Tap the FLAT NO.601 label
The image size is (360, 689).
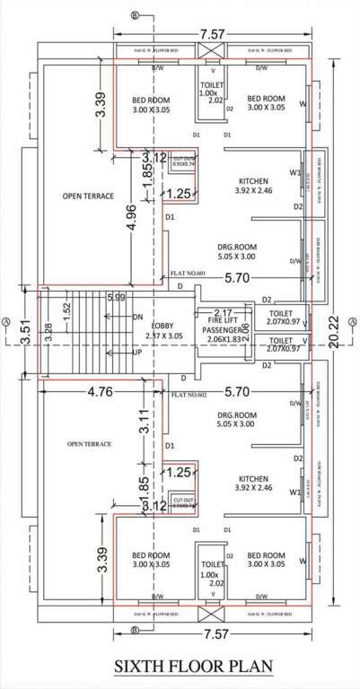189,274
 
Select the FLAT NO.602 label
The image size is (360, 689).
188,395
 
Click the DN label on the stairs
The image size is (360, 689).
137,316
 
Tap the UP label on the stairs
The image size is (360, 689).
137,353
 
